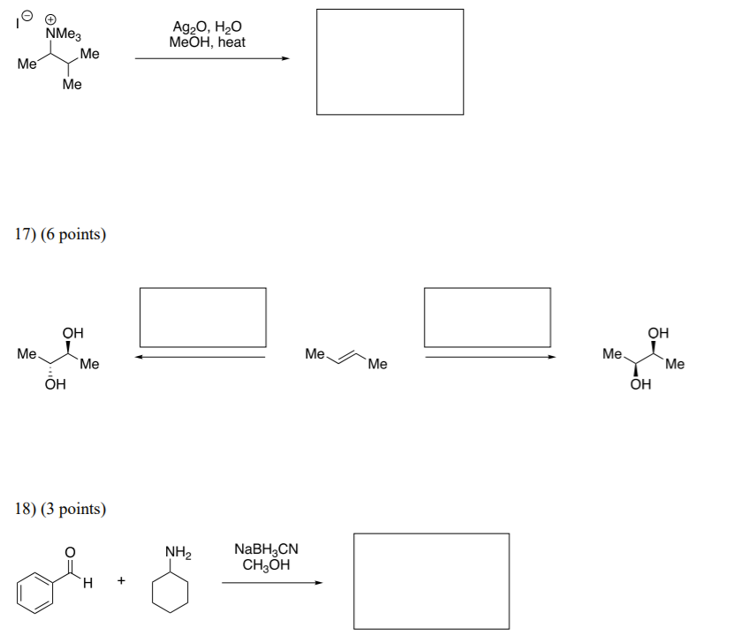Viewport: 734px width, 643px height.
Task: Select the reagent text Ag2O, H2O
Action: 208,27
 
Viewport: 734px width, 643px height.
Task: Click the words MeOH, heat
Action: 208,42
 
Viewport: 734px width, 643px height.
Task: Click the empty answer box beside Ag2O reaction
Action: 390,62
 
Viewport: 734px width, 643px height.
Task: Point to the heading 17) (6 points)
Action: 60,235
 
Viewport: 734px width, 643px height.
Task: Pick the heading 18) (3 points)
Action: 60,510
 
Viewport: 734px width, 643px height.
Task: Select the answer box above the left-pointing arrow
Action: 202,317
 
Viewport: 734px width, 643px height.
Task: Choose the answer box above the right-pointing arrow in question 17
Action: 487,317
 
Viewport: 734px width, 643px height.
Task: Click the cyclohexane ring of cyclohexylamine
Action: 172,590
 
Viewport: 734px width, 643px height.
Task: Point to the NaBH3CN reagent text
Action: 266,550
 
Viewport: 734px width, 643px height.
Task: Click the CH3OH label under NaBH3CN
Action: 266,565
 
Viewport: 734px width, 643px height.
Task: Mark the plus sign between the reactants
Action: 121,581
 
